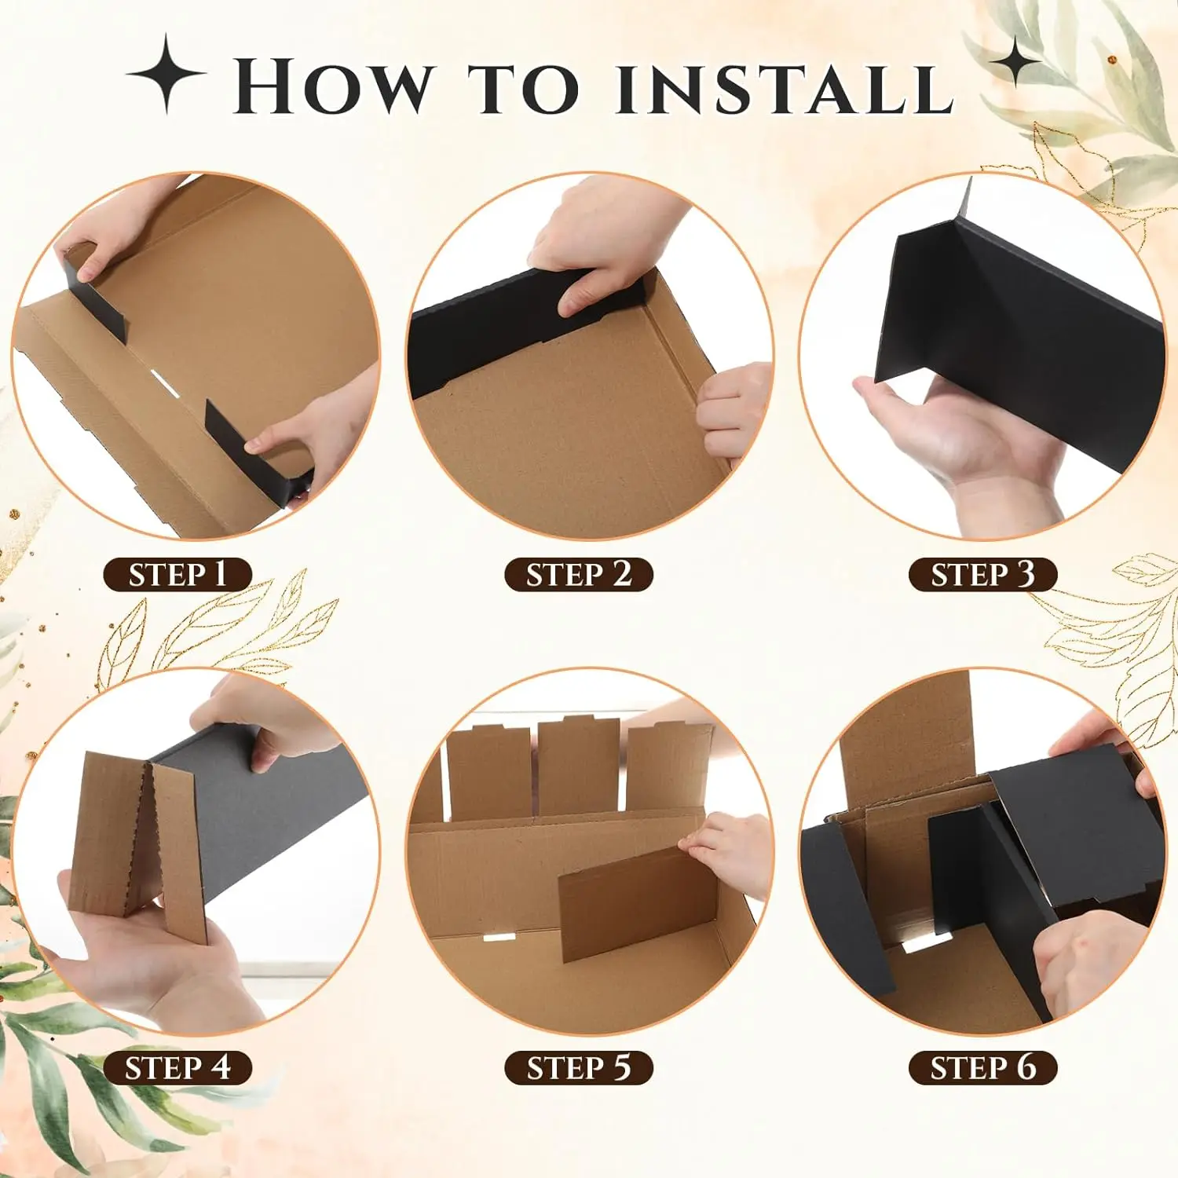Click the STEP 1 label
point(177,574)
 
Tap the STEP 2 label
point(579,574)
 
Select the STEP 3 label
point(982,574)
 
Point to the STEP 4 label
point(177,1068)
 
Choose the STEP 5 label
point(579,1068)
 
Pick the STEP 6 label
point(982,1068)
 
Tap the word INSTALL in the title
point(785,87)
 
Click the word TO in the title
point(524,87)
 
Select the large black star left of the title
point(166,74)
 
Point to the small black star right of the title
point(1016,60)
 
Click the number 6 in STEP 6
point(1026,1067)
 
